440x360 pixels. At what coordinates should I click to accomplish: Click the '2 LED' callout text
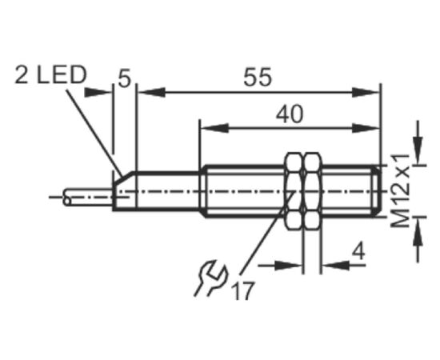click(50, 75)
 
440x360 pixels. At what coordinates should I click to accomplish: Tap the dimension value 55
click(258, 77)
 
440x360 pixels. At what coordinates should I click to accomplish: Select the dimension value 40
click(290, 114)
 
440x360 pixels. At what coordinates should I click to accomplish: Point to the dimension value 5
click(124, 78)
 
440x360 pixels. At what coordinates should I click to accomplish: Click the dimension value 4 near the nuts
click(358, 251)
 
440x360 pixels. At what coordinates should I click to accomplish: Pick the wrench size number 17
click(243, 290)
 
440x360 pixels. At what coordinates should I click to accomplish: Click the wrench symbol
click(210, 278)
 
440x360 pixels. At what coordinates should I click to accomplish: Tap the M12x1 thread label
click(401, 191)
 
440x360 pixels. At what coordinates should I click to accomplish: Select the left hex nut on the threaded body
click(294, 191)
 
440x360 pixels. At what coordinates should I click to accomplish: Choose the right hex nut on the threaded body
click(313, 191)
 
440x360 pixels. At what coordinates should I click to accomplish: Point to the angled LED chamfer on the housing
click(124, 178)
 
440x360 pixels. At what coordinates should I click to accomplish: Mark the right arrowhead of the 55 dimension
click(366, 93)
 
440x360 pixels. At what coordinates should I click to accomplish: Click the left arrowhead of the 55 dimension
click(151, 93)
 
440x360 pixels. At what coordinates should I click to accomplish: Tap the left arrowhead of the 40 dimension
click(214, 128)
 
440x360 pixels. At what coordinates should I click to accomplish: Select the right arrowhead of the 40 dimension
click(366, 128)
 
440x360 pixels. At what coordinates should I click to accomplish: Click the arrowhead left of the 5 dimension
click(98, 93)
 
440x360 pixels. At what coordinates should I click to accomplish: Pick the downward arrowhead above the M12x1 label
click(418, 150)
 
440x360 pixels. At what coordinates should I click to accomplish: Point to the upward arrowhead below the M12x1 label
click(418, 232)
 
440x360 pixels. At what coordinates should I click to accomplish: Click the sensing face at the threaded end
click(379, 191)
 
